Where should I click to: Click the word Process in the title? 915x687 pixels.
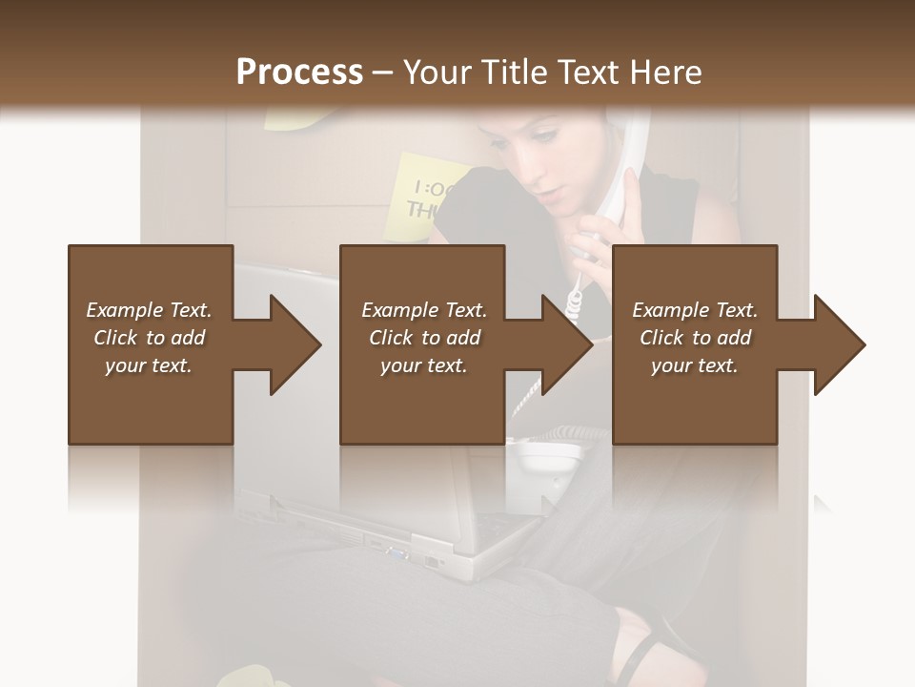coord(299,72)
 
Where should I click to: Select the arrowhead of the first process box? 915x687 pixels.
coord(295,344)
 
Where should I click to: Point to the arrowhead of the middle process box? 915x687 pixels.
coord(566,344)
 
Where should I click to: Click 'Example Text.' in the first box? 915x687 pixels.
coord(149,310)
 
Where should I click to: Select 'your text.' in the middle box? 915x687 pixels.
coord(423,365)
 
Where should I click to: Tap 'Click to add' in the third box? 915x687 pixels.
coord(695,338)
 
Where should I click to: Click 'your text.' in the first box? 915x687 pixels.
coord(149,365)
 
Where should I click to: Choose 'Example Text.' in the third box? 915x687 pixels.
coord(695,310)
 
